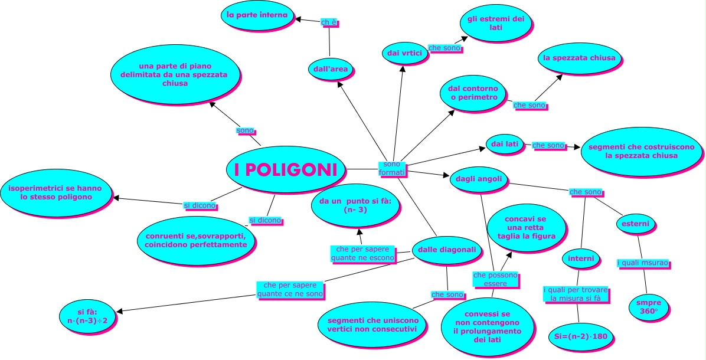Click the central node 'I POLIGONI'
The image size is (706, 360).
[285, 170]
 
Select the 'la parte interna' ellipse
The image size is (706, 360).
[257, 15]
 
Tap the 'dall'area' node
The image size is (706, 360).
[331, 70]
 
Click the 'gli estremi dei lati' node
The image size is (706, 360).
[495, 24]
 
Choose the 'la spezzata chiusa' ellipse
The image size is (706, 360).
[578, 58]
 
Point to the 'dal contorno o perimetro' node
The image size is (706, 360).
[473, 93]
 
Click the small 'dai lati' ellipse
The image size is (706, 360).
[504, 144]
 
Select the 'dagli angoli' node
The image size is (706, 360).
[479, 179]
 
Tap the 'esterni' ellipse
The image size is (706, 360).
[635, 224]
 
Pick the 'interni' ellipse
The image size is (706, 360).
[581, 258]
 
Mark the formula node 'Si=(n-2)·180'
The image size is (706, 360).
[581, 336]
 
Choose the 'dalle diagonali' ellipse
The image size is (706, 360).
[447, 250]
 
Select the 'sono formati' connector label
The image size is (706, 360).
[391, 168]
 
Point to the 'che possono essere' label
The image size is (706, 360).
[495, 279]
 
